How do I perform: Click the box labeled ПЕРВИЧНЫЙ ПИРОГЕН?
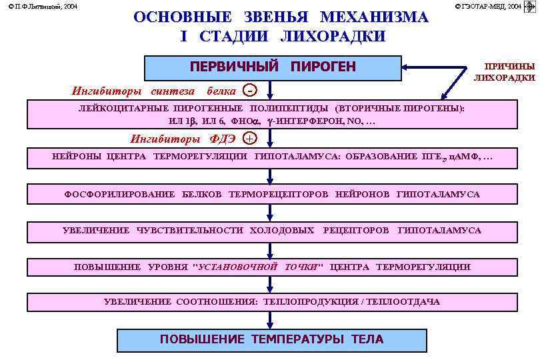(272, 67)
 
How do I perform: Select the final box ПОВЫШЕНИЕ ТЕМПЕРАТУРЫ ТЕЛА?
(271, 339)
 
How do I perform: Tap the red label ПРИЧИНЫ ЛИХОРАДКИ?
(504, 72)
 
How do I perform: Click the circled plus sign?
(249, 139)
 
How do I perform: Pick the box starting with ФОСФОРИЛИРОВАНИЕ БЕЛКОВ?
(271, 194)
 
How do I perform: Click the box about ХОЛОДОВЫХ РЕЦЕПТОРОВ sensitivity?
(271, 231)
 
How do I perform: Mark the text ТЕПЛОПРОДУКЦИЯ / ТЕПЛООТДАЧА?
(351, 302)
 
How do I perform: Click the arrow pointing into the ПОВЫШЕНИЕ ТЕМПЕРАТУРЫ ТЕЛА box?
(270, 322)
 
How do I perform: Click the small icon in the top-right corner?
(531, 6)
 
